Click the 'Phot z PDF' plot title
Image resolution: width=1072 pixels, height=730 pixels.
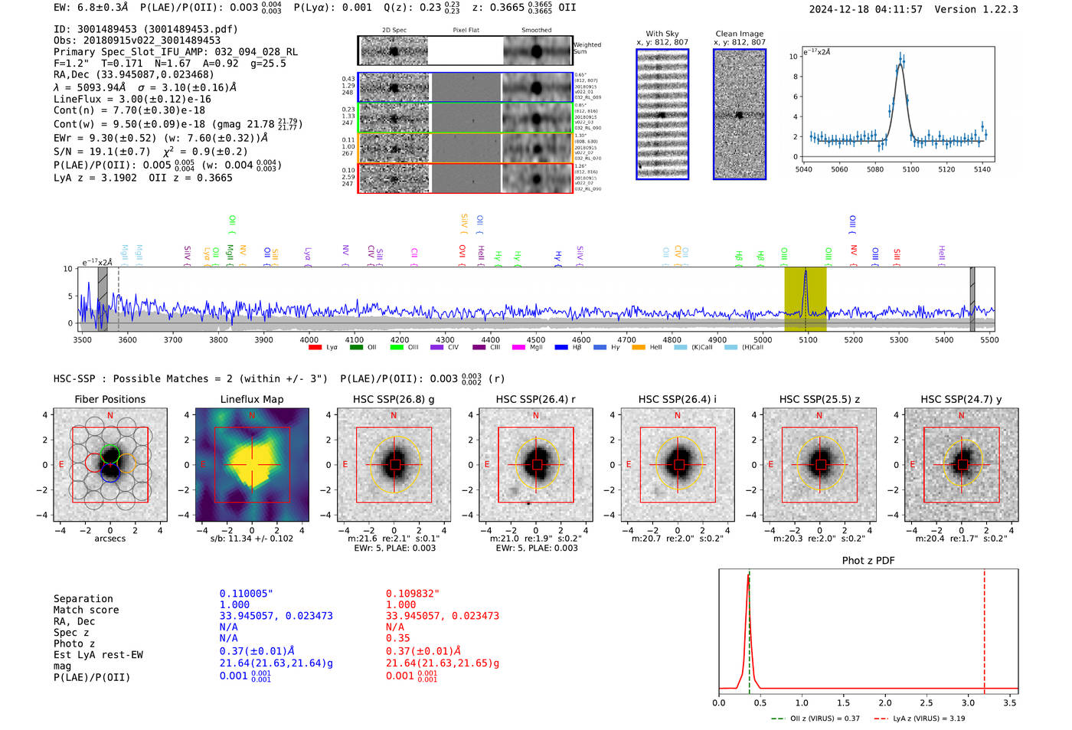tap(868, 561)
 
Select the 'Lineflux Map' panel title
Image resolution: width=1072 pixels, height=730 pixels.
tap(252, 399)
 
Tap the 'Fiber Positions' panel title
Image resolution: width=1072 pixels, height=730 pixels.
tap(110, 399)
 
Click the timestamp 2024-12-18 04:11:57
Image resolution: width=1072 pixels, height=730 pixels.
tap(865, 9)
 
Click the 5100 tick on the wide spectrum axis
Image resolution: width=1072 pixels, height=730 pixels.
tap(808, 340)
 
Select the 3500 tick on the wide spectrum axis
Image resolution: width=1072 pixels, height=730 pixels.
tap(83, 340)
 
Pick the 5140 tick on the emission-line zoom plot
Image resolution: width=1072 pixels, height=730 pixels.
tap(982, 169)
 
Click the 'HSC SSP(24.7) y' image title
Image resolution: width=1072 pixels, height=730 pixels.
tap(961, 399)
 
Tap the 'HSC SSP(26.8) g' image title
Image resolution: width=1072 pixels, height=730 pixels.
tap(394, 399)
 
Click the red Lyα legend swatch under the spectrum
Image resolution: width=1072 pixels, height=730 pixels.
tap(315, 348)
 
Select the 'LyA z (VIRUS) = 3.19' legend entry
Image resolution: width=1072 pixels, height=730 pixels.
tap(929, 719)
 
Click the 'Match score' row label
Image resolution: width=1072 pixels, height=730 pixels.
tap(87, 611)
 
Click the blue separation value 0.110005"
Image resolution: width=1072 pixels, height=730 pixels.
tap(246, 594)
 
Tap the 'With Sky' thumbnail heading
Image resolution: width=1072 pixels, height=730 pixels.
tap(662, 34)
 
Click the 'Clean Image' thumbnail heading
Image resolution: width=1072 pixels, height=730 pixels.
tap(740, 34)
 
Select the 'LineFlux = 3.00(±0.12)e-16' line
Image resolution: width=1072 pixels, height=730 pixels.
tap(132, 100)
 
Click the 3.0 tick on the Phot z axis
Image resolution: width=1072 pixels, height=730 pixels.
tap(969, 702)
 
